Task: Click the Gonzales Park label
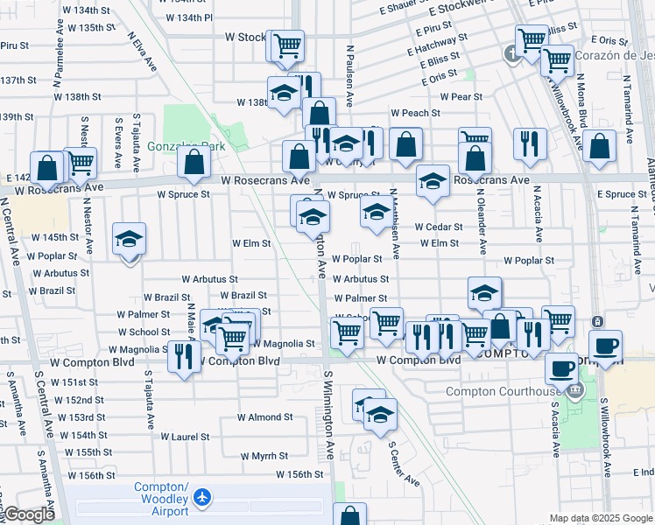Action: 186,146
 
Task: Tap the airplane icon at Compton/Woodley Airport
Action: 203,497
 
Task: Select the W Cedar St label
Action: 439,227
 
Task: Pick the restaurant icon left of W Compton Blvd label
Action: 183,357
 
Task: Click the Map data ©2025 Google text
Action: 600,518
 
